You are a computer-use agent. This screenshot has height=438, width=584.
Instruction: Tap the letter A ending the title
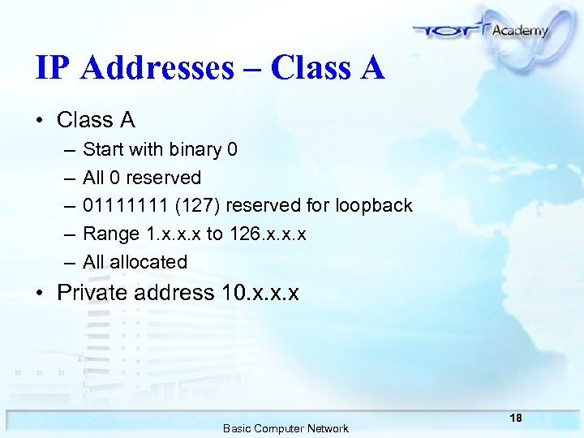click(371, 69)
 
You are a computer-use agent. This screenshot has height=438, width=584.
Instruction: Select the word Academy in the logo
click(519, 29)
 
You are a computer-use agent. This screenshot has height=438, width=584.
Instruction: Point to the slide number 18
click(516, 418)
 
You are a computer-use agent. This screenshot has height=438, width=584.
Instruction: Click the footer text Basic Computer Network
click(286, 428)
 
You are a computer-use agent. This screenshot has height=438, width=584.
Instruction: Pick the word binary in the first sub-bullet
click(196, 150)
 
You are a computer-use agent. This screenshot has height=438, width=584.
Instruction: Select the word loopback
click(375, 206)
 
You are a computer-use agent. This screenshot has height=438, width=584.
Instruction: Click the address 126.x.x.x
click(267, 234)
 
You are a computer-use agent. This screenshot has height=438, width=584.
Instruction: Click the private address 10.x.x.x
click(260, 292)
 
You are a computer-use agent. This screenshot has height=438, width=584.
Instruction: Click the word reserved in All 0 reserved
click(164, 178)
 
